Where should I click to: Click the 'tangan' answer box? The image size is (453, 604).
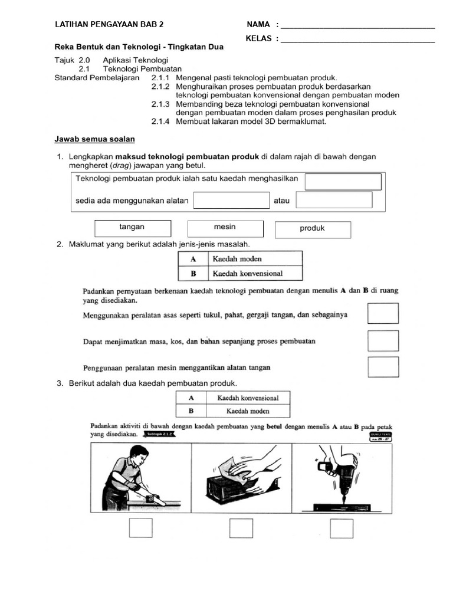(x=133, y=228)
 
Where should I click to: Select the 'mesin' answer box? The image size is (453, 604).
(x=225, y=228)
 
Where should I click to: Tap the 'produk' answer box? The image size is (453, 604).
(x=313, y=229)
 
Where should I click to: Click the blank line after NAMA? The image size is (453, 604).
(x=358, y=25)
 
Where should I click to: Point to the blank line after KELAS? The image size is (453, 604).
(x=358, y=40)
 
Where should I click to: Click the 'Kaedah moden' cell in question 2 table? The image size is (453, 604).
(x=254, y=259)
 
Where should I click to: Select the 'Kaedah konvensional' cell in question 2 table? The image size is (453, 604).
(x=254, y=273)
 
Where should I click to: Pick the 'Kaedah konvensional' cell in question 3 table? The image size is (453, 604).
(x=248, y=398)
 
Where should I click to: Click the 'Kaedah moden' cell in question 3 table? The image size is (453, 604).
(x=248, y=411)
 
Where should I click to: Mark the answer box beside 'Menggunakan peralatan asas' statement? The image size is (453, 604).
(x=383, y=313)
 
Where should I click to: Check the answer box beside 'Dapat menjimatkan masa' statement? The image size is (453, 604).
(x=383, y=341)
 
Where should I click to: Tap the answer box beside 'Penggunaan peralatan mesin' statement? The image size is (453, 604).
(x=383, y=367)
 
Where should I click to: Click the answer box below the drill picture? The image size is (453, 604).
(x=342, y=528)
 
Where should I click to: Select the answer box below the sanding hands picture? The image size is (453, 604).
(x=241, y=528)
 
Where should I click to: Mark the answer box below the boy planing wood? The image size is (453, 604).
(x=141, y=528)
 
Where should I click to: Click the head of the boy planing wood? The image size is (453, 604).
(x=138, y=455)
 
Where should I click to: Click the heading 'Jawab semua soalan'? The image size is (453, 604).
(x=94, y=139)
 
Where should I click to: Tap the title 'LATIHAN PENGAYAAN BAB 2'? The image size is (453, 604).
(x=109, y=25)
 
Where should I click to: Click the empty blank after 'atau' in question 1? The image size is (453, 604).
(x=334, y=200)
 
